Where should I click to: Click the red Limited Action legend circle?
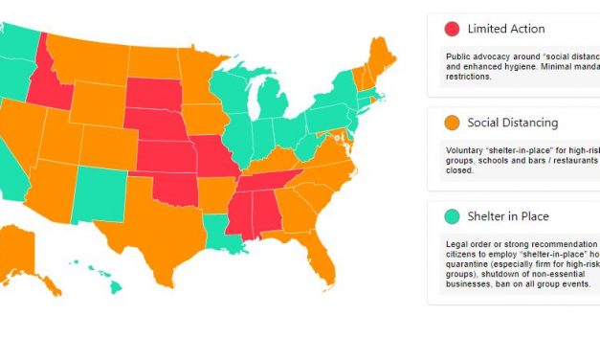tap(452, 29)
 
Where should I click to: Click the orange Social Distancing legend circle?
tap(452, 123)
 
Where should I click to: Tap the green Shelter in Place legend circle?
tap(452, 216)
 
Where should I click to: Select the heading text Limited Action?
tap(505, 29)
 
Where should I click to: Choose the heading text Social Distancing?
tap(512, 123)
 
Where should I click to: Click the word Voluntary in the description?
tap(465, 148)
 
